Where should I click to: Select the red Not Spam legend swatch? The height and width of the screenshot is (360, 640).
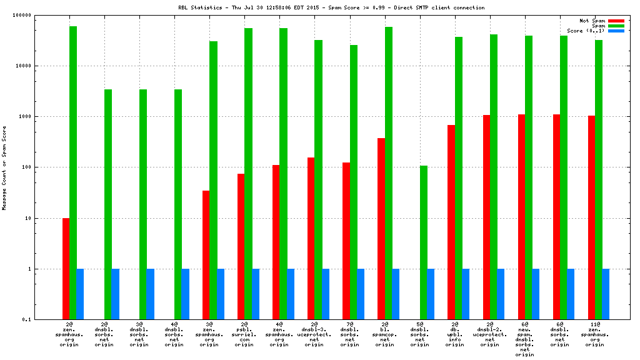(616, 21)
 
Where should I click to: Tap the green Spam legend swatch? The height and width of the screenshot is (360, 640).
(616, 26)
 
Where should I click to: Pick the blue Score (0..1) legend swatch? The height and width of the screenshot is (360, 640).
(616, 31)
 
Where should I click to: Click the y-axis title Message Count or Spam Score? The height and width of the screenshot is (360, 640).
(4, 167)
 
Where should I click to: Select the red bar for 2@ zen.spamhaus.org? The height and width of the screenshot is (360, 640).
(66, 269)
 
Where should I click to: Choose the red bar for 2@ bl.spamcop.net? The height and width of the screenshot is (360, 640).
(381, 229)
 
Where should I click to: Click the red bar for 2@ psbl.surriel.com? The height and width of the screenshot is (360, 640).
(241, 246)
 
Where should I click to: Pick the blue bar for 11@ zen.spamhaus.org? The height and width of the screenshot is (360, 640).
(606, 294)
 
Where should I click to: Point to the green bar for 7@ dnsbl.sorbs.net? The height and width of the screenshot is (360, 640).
(353, 182)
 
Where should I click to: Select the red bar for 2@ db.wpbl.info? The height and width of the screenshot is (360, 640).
(451, 222)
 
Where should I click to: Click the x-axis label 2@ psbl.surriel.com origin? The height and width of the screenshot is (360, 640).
(244, 334)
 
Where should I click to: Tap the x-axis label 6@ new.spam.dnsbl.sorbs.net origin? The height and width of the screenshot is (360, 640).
(524, 339)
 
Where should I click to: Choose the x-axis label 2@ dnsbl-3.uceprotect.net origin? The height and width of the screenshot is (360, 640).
(314, 334)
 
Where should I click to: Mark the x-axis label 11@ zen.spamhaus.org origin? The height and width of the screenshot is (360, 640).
(594, 334)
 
